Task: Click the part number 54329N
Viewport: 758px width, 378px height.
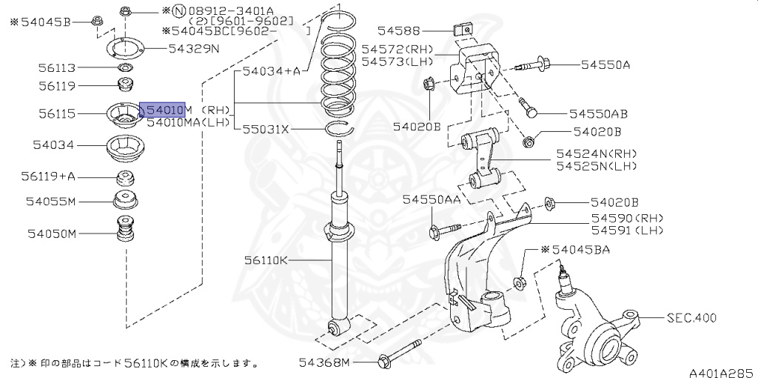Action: [x=194, y=49]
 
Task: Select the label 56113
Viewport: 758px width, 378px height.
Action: [x=57, y=67]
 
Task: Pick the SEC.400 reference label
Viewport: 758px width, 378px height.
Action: [x=691, y=318]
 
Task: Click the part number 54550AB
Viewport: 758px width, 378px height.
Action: [x=598, y=114]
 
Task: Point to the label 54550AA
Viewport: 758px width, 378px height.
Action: [x=431, y=200]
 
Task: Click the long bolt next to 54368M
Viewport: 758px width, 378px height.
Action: [x=400, y=354]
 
